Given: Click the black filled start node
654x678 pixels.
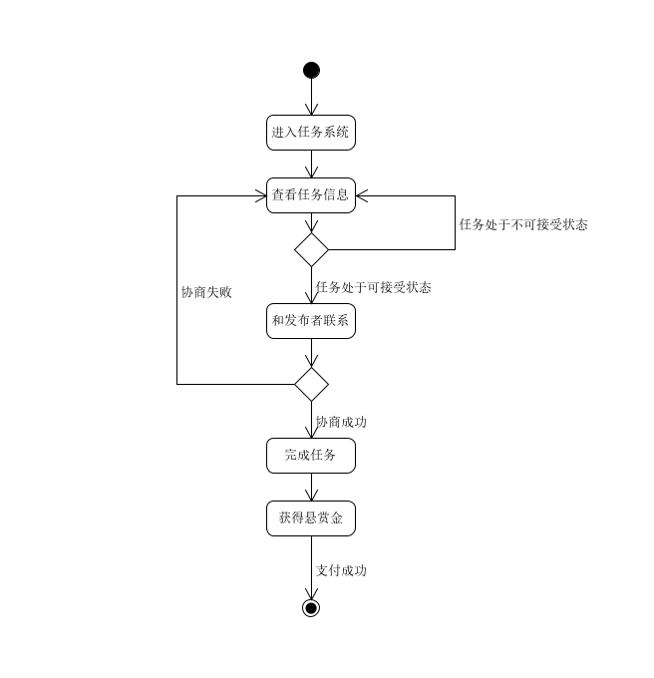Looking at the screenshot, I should [x=311, y=70].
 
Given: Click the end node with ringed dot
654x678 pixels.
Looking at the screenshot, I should [x=311, y=608].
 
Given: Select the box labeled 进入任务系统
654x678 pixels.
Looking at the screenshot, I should [x=311, y=133].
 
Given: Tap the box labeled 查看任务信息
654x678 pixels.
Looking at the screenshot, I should [x=311, y=195].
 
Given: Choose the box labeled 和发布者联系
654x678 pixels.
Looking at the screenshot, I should [x=311, y=321].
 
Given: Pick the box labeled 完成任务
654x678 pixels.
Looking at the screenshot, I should [x=311, y=456].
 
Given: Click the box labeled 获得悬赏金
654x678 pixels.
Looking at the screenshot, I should [x=311, y=518].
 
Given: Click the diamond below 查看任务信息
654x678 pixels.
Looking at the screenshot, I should [x=311, y=249].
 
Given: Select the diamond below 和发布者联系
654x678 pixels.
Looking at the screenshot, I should [x=311, y=384].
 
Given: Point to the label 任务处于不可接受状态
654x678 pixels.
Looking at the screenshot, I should [x=522, y=225].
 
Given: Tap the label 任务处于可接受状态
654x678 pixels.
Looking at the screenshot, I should [x=373, y=288].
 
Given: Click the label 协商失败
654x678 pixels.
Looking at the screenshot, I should [x=206, y=293].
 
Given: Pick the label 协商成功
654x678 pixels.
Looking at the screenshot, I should [x=341, y=423].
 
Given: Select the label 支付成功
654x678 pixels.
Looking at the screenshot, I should [x=341, y=571].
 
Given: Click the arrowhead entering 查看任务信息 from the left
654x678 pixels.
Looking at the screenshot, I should [x=261, y=195].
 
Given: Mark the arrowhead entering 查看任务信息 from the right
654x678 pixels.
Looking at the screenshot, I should [x=362, y=195].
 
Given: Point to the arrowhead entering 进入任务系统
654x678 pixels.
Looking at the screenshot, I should [x=311, y=111].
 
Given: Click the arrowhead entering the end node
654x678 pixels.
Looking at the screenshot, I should [x=311, y=594].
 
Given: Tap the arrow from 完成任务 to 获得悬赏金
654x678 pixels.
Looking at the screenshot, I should [x=311, y=488].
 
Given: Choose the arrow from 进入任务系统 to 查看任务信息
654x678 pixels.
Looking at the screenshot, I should [x=311, y=164].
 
